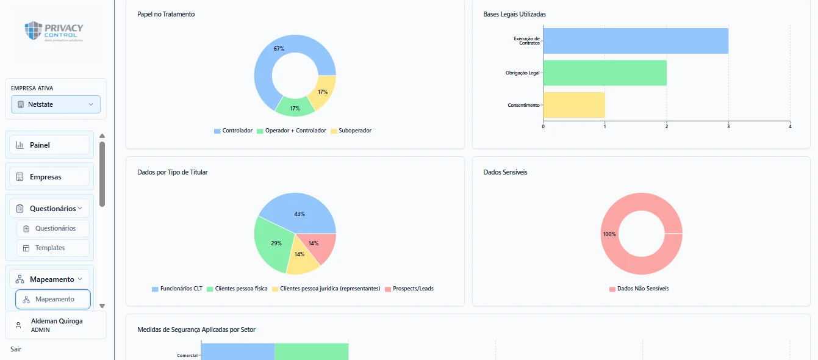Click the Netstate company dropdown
56,104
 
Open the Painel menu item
49,145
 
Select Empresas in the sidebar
49,177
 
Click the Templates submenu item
53,248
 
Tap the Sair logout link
16,349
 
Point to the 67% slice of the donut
270,62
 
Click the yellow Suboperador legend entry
351,131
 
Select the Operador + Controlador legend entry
292,131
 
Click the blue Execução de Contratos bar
636,41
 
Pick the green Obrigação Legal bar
605,73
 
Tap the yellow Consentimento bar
574,105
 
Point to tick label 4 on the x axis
790,126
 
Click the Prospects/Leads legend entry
409,289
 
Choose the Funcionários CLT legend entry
177,289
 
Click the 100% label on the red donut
609,234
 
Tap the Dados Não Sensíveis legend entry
639,289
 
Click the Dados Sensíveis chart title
506,172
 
